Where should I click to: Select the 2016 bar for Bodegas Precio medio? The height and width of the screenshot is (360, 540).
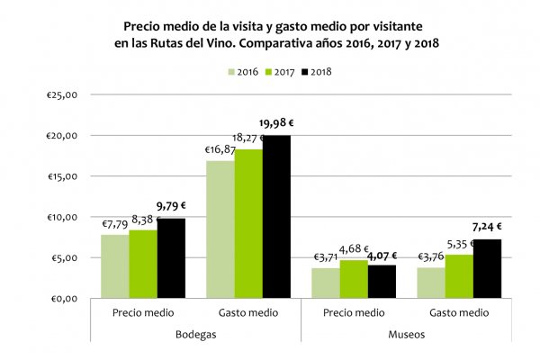coord(114,266)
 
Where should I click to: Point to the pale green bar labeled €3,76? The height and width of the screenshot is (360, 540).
coord(431,283)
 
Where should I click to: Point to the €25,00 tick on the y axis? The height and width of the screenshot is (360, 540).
coord(65,94)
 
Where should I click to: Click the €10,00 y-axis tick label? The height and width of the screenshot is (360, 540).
coord(65,217)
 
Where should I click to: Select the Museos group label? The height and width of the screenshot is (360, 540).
coord(406,333)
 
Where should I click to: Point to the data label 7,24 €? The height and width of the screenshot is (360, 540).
coord(486,227)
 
